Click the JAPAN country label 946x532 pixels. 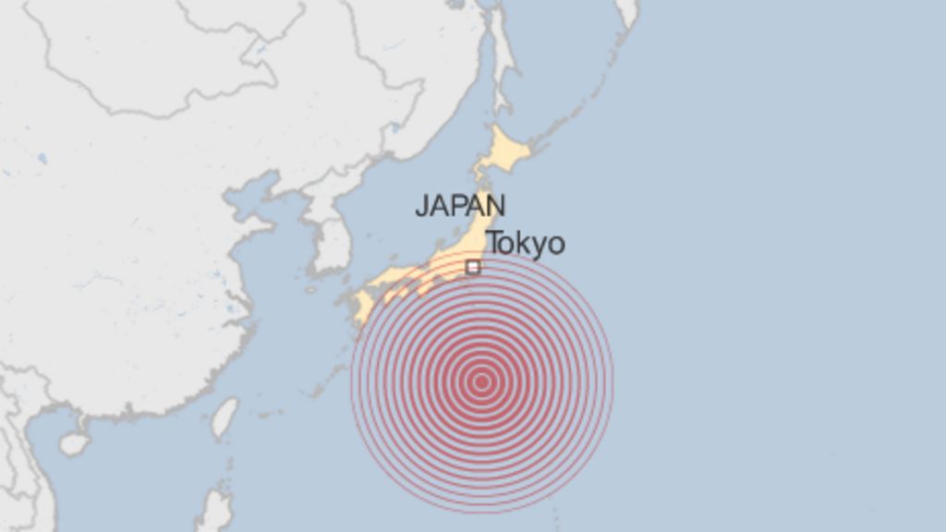(x=459, y=205)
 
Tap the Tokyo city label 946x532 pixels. (x=525, y=244)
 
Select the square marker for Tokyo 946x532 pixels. (x=473, y=267)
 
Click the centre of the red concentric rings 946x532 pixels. (x=481, y=382)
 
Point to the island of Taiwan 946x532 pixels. (x=224, y=417)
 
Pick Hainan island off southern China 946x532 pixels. (x=74, y=444)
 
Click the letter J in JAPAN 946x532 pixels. (x=421, y=206)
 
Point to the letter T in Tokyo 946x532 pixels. (x=495, y=244)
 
